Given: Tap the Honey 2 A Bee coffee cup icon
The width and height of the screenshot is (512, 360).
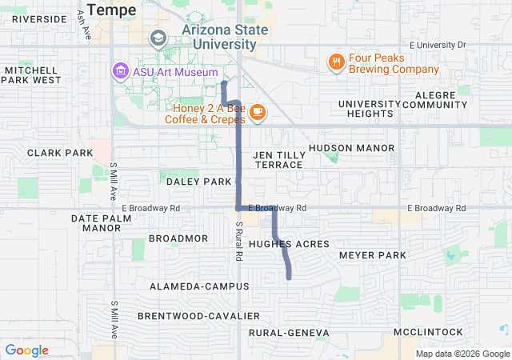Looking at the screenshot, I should point(257,113).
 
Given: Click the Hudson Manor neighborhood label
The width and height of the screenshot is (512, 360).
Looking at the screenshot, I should point(351,148).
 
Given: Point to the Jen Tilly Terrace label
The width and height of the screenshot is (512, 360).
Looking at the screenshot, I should point(278,159).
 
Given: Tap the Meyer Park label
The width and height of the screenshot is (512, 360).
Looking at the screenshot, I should point(373,255).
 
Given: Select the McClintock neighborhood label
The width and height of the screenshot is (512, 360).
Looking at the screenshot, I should point(428,332).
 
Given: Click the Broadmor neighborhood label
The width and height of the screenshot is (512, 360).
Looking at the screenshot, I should point(178,238).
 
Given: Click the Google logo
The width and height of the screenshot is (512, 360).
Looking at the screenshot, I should point(27,350).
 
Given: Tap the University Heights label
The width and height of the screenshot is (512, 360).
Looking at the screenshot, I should point(369,109).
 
